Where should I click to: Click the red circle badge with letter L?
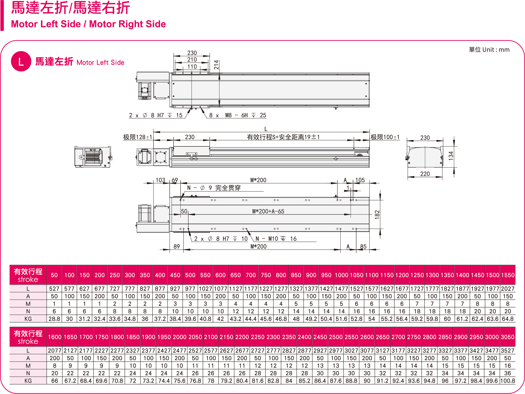click(21, 61)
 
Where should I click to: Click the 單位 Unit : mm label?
click(489, 50)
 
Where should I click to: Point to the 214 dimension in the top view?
click(216, 65)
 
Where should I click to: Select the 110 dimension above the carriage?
click(192, 67)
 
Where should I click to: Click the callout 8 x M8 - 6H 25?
click(237, 115)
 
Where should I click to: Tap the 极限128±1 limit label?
click(138, 137)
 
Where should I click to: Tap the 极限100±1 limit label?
click(385, 137)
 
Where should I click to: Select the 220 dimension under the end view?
click(425, 174)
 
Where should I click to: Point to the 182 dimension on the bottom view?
click(377, 214)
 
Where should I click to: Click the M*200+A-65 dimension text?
click(268, 211)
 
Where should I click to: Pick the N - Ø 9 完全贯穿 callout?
click(214, 188)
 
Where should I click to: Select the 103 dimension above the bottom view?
click(160, 180)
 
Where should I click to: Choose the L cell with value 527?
click(54, 289)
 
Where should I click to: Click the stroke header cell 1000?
click(341, 275)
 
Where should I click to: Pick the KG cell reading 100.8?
click(507, 381)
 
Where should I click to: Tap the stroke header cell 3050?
click(507, 337)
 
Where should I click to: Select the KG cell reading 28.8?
click(54, 319)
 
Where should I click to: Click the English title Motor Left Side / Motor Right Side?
click(88, 24)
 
